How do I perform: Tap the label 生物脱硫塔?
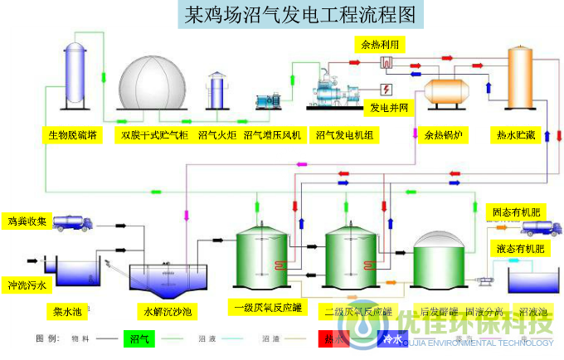[x=71, y=134]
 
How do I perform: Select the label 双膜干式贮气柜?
[x=154, y=134]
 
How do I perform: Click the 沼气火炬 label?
[x=217, y=134]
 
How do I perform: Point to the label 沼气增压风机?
[x=273, y=134]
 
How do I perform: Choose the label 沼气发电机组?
[x=342, y=134]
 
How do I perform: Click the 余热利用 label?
[x=379, y=44]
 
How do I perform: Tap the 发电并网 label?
[x=389, y=109]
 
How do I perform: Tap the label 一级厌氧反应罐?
[x=267, y=309]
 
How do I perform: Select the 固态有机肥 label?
[x=517, y=213]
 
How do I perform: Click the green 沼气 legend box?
[x=139, y=338]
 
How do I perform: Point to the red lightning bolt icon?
[x=387, y=89]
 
